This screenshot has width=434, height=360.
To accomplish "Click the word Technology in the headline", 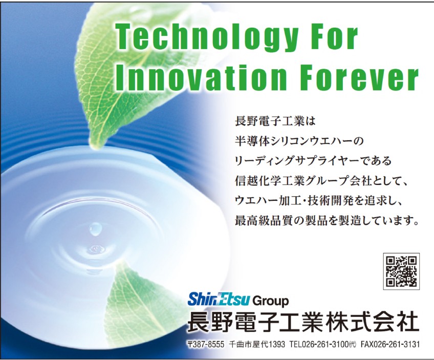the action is tap(207, 38).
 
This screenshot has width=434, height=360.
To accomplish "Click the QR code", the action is tap(401, 271).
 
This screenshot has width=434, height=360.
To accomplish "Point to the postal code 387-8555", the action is tap(206, 344).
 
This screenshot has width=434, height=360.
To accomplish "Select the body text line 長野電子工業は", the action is tap(275, 122).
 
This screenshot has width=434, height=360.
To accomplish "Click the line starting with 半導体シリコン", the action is tap(299, 141).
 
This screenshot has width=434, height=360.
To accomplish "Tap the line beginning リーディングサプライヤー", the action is tap(313, 161).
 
